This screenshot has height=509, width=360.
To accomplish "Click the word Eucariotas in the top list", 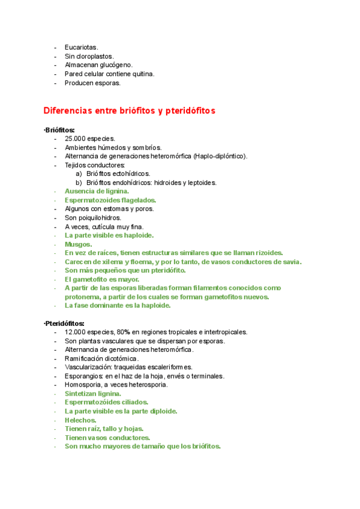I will click(x=81, y=47).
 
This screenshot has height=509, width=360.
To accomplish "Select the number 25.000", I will click(x=75, y=139).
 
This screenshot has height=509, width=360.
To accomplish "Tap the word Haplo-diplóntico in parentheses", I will click(x=219, y=156).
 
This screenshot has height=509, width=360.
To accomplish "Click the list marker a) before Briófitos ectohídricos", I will click(x=79, y=173).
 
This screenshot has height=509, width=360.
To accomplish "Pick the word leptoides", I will click(x=202, y=182).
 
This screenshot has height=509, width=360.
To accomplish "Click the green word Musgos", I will click(x=78, y=244).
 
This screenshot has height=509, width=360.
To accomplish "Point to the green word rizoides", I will click(x=268, y=253).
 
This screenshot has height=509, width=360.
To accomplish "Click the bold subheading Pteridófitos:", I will click(x=64, y=324).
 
